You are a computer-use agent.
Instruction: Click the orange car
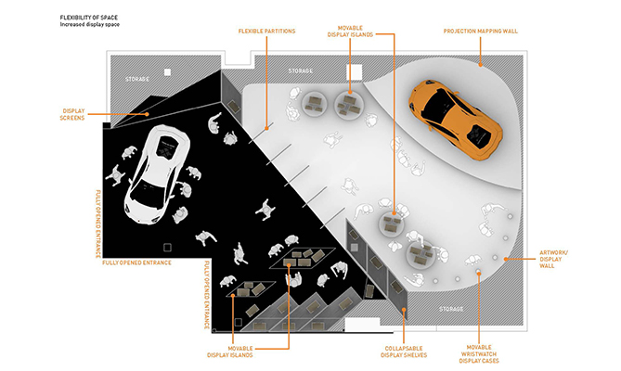pyautogui.click(x=456, y=120)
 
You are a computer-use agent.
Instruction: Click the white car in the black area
pyautogui.click(x=157, y=174)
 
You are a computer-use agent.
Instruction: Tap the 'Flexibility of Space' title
pyautogui.click(x=89, y=18)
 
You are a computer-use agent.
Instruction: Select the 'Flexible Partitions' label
pyautogui.click(x=266, y=31)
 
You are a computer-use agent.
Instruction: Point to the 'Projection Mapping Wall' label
pyautogui.click(x=481, y=31)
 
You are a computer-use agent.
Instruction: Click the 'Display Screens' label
pyautogui.click(x=73, y=114)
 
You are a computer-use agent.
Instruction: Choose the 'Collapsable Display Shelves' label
pyautogui.click(x=404, y=352)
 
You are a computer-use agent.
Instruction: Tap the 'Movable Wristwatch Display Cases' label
pyautogui.click(x=479, y=354)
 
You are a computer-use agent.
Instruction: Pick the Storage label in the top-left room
pyautogui.click(x=137, y=79)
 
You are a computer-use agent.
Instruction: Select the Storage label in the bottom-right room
pyautogui.click(x=451, y=309)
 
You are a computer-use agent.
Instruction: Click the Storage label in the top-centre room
pyautogui.click(x=300, y=70)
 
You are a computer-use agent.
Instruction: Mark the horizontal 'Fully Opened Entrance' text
pyautogui.click(x=136, y=262)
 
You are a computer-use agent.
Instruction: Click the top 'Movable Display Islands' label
pyautogui.click(x=350, y=32)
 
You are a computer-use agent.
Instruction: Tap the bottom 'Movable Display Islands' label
pyautogui.click(x=229, y=352)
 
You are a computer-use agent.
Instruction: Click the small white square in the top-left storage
pyautogui.click(x=167, y=72)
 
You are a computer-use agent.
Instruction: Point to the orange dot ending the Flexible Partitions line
pyautogui.click(x=267, y=128)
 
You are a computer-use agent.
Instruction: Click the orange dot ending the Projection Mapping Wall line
pyautogui.click(x=481, y=65)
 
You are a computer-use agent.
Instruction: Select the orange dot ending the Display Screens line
pyautogui.click(x=147, y=114)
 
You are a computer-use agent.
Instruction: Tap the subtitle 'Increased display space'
pyautogui.click(x=89, y=24)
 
